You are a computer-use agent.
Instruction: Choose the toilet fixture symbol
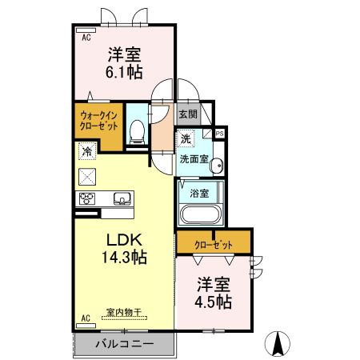click(x=137, y=129)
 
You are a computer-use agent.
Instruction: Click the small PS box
click(x=219, y=134)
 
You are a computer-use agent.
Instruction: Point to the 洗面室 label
click(x=194, y=158)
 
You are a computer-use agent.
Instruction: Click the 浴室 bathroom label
click(x=199, y=193)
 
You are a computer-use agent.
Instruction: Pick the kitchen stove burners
click(x=86, y=198)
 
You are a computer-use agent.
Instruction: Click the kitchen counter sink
click(x=121, y=198)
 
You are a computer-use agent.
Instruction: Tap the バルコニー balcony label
click(x=123, y=344)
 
